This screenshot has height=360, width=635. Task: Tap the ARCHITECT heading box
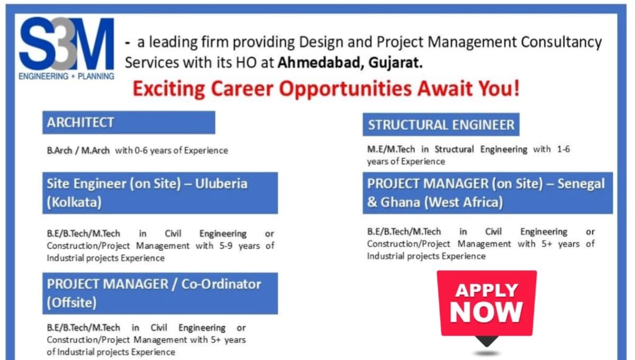[x=129, y=122]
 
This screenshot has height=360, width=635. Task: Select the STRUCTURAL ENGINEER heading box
[x=441, y=125]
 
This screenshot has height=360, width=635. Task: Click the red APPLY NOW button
[x=486, y=303]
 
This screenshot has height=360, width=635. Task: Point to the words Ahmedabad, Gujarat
[x=350, y=62]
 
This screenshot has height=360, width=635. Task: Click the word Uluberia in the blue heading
[x=221, y=184]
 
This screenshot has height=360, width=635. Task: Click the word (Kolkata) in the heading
[x=74, y=203]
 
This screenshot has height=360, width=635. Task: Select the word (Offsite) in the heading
[x=72, y=303]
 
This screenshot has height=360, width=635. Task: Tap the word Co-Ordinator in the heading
[x=221, y=284]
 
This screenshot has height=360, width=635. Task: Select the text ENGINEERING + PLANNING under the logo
[x=66, y=76]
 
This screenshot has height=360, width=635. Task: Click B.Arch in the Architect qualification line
[x=59, y=150]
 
